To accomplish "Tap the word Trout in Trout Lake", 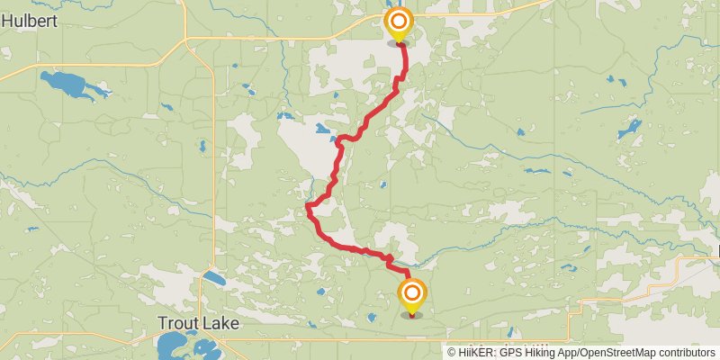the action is [176, 322].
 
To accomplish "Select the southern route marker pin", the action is [412, 296].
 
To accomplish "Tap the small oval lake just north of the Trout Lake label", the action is [213, 278].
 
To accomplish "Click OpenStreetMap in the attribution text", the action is [620, 352].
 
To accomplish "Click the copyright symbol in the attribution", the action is [453, 352].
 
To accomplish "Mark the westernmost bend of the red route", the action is [307, 208].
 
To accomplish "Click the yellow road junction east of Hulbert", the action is [186, 38].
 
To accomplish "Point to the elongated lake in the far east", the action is [628, 131].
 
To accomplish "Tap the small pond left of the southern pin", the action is [372, 316].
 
